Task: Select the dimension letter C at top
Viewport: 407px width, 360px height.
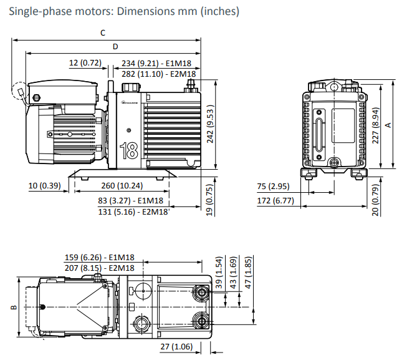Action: (102, 32)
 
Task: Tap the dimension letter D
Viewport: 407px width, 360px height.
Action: (115, 47)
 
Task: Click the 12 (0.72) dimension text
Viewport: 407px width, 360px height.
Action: (85, 62)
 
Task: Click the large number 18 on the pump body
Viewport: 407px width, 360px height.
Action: (129, 151)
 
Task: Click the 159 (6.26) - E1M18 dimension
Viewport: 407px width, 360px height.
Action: (100, 257)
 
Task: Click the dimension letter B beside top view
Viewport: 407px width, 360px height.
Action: (12, 308)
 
